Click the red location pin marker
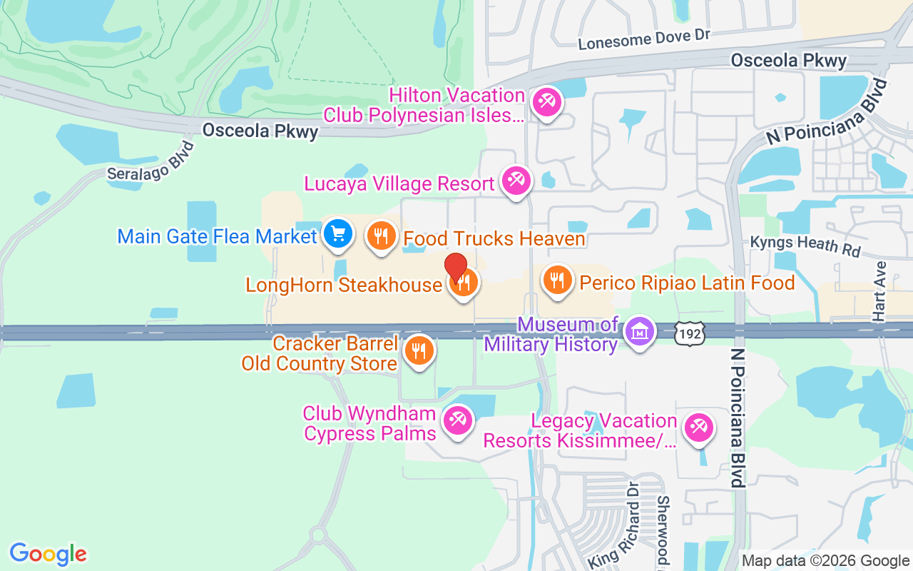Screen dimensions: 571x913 pos(456,267)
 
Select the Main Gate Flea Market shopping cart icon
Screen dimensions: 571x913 pos(337,233)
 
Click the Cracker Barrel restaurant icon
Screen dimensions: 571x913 pos(419,350)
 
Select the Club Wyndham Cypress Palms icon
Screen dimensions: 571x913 pos(456,420)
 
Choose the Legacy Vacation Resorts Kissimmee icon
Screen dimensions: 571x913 pos(698,428)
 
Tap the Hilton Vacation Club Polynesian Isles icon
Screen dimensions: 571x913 pos(548,101)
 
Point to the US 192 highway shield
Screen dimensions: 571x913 pos(691,332)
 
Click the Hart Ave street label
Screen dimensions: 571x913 pos(880,290)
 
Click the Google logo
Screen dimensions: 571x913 pos(49,554)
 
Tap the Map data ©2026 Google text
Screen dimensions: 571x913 pos(825,561)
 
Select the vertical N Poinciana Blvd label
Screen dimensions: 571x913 pos(738,417)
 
